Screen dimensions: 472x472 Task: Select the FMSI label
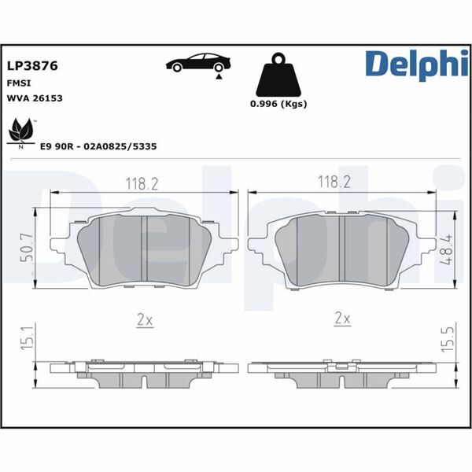coord(20,83)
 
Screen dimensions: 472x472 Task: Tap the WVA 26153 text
coord(35,98)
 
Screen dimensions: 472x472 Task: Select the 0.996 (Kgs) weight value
coord(278,104)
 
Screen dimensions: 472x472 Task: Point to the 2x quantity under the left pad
coord(143,319)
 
